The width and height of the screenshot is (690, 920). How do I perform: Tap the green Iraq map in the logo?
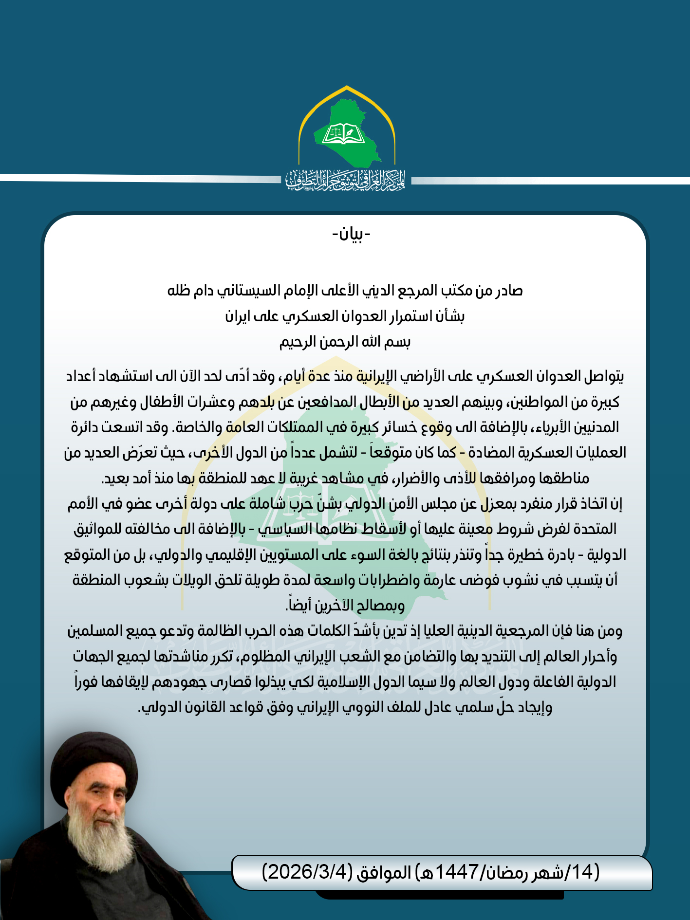tap(360, 146)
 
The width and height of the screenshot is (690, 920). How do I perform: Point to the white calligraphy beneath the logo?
tap(345, 181)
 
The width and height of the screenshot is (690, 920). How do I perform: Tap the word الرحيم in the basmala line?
tap(298, 342)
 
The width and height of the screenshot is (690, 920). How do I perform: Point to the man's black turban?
tap(93, 764)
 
